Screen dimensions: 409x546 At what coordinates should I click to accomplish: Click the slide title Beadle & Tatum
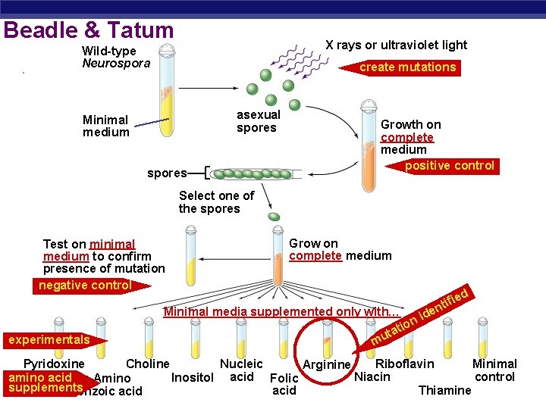click(89, 30)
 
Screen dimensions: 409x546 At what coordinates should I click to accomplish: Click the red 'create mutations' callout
click(408, 67)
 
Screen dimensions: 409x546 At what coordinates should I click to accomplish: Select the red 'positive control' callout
click(450, 166)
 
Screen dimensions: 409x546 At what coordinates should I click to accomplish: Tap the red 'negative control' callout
click(86, 286)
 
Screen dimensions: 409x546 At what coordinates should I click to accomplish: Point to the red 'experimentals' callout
click(49, 340)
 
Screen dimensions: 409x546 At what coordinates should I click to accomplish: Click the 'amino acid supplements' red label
click(42, 382)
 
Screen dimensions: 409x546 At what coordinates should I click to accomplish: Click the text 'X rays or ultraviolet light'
click(396, 45)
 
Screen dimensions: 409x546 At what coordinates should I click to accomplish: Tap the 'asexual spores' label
click(258, 121)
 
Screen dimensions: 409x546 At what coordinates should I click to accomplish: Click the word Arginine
click(327, 365)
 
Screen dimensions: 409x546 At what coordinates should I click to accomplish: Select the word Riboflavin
click(405, 364)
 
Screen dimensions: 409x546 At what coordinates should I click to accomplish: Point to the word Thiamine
click(444, 390)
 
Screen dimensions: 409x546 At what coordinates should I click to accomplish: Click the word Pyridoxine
click(54, 364)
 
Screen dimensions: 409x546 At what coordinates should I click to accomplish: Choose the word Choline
click(147, 364)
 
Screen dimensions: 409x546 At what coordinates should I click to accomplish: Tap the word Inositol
click(193, 377)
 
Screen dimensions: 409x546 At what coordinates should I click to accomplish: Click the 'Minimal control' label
click(494, 370)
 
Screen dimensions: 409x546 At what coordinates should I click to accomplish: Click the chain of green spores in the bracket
click(251, 174)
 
